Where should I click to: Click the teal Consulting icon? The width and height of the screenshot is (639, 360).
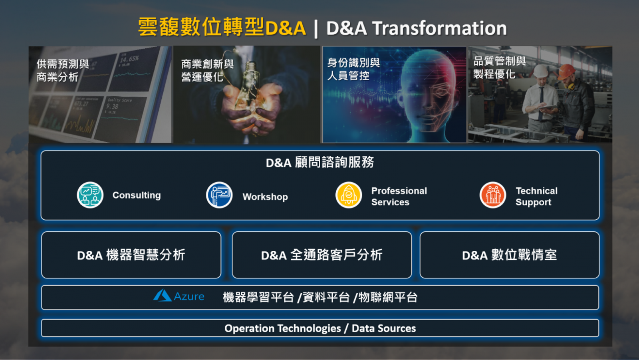90,195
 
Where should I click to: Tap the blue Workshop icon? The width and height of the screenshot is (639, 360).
219,195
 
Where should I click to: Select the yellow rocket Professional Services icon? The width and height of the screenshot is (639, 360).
349,195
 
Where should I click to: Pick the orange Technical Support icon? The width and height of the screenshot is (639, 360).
493,195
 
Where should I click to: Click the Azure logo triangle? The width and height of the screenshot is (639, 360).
162,296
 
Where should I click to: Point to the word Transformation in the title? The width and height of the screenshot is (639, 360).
440,28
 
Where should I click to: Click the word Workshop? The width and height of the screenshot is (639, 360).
265,197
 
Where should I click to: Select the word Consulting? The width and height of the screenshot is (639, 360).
136,195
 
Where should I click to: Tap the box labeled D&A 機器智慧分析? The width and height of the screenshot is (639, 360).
131,255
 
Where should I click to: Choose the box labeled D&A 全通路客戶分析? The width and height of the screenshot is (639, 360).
322,255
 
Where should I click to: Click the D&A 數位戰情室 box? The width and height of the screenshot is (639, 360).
510,255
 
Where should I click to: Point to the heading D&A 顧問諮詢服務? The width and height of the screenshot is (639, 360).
320,163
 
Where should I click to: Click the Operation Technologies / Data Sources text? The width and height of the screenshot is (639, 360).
320,328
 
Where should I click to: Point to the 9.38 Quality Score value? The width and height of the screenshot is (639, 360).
112,107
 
